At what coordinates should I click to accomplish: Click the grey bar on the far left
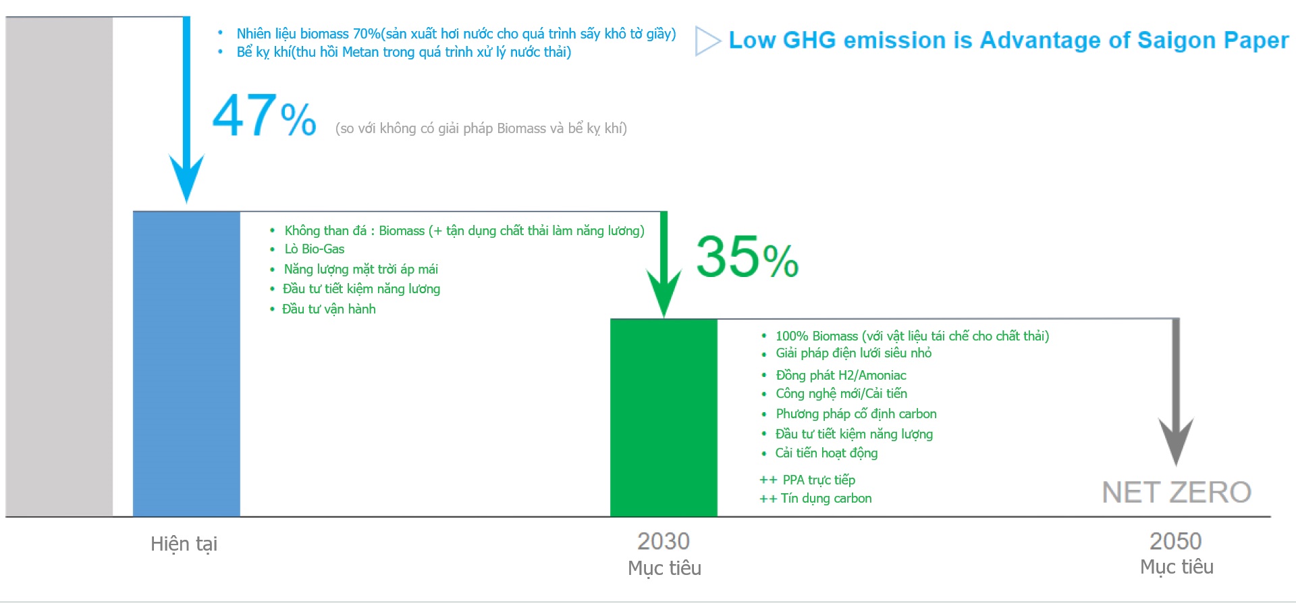point(59,267)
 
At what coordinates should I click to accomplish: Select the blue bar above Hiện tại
point(186,364)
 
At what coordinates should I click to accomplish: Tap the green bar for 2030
point(664,418)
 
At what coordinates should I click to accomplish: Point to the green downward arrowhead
point(664,293)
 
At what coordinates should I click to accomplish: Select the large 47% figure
point(264,116)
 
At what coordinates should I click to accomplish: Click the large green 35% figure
point(747,257)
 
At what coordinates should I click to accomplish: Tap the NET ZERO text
point(1177,492)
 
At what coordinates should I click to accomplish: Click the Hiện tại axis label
point(184,544)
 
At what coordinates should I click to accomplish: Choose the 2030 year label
point(664,541)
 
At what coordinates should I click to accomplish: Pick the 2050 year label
point(1176,541)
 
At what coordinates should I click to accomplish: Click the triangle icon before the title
point(707,41)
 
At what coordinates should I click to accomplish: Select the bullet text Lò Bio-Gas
point(314,249)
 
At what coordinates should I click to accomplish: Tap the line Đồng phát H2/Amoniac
point(841,375)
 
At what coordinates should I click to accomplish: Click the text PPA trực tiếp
point(819,480)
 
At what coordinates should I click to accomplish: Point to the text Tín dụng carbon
point(826,499)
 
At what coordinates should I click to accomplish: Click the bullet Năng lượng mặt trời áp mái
point(361,270)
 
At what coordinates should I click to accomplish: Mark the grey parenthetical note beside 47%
point(481,128)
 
